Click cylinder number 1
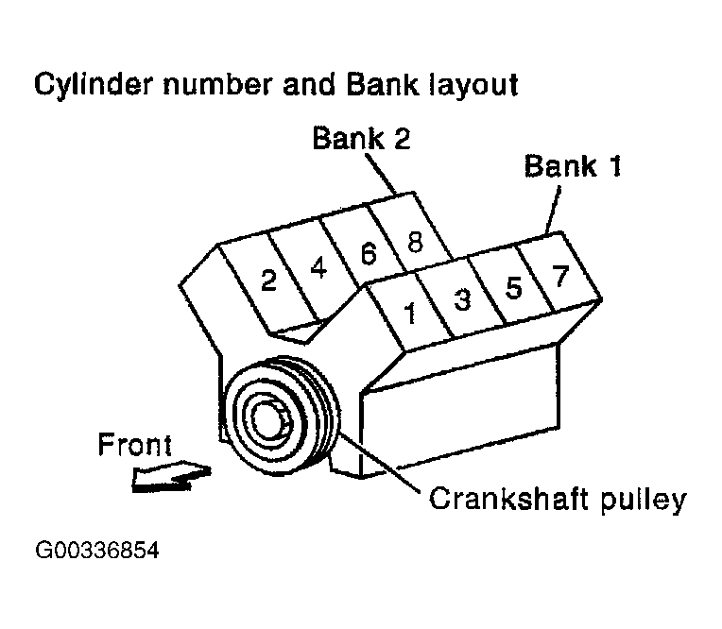(x=411, y=314)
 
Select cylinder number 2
(x=268, y=280)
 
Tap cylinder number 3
(x=462, y=300)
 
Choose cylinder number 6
(x=368, y=254)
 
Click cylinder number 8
(x=414, y=240)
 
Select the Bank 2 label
(x=362, y=139)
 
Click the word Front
(x=135, y=445)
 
